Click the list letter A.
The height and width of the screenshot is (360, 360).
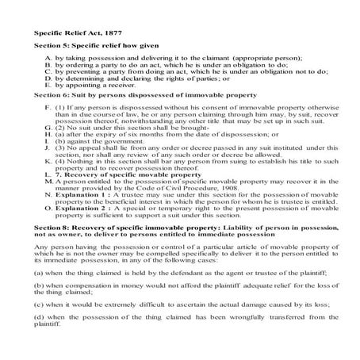tap(51, 59)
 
